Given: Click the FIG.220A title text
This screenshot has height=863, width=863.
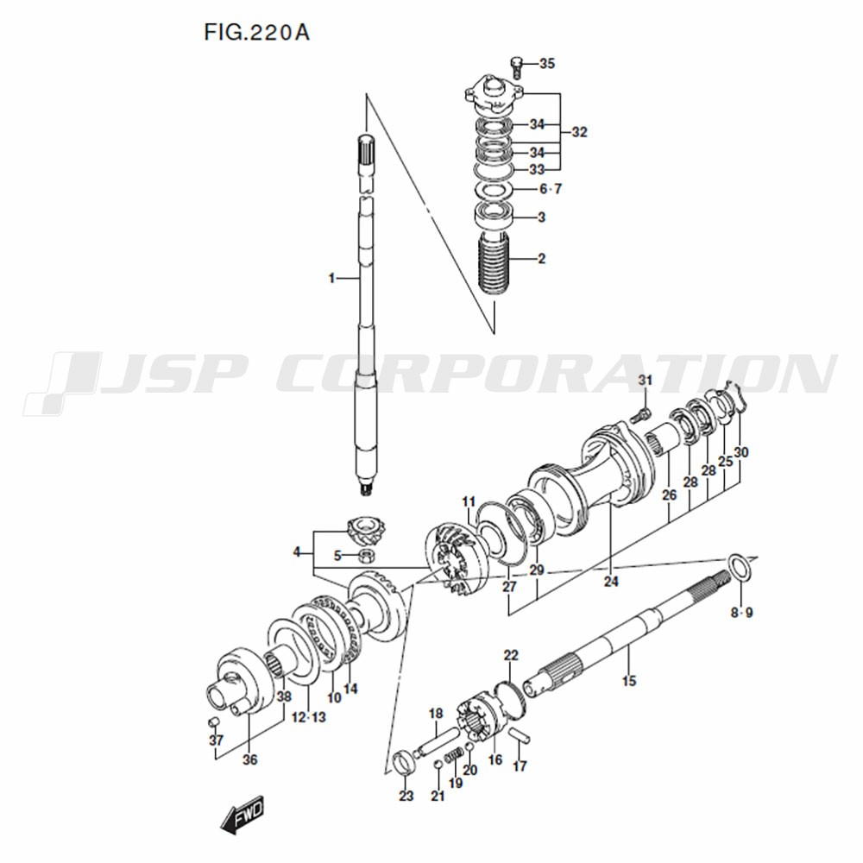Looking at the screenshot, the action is coord(256,32).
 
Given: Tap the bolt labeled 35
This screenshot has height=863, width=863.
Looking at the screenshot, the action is coord(516,67).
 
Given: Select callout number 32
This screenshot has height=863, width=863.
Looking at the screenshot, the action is coord(579,132).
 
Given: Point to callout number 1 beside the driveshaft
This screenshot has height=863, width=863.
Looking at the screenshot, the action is coord(331,279).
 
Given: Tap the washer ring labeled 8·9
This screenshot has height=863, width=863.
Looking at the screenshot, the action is coord(738,567).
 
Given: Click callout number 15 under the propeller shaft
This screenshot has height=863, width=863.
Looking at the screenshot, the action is coord(629,681).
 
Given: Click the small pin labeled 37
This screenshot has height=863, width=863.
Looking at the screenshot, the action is coord(213,721).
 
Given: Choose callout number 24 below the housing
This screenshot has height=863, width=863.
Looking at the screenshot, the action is coord(611,581).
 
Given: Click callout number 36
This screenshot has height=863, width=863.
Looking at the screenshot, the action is coord(250,759).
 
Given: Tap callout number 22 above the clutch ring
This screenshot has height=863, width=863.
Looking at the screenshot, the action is coord(511,655).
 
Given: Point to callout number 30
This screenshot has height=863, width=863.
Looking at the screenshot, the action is coord(741,452).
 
